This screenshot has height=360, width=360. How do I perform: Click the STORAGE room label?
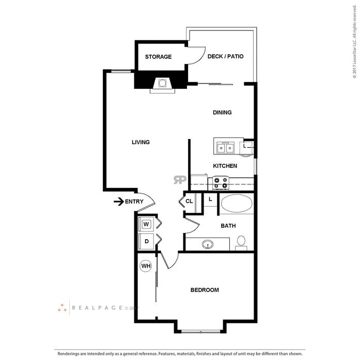tap(158, 57)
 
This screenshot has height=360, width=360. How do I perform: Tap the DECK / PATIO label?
tap(226, 56)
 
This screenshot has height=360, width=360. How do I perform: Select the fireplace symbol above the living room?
tap(162, 85)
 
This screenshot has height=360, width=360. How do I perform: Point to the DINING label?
tap(222, 113)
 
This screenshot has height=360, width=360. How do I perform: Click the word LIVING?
tap(140, 143)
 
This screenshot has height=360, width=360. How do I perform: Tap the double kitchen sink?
tap(226, 148)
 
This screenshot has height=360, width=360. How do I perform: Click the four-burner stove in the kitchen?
tap(221, 183)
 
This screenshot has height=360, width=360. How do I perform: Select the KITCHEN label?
tap(225, 166)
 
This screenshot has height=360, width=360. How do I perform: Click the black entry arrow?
tap(119, 201)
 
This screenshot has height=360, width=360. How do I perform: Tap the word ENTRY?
tap(134, 201)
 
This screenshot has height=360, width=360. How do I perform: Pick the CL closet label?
tap(189, 201)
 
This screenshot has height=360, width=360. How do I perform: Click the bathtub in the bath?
tap(237, 204)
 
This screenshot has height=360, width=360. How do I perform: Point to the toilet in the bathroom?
tap(241, 243)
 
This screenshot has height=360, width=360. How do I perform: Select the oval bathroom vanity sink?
tap(208, 244)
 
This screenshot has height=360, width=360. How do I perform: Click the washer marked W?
tap(146, 224)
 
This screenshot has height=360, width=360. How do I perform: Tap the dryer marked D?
tap(146, 242)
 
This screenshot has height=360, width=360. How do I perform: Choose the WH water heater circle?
tap(146, 266)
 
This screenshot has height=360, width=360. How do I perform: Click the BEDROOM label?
tap(205, 290)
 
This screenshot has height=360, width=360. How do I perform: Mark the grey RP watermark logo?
tap(180, 180)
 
